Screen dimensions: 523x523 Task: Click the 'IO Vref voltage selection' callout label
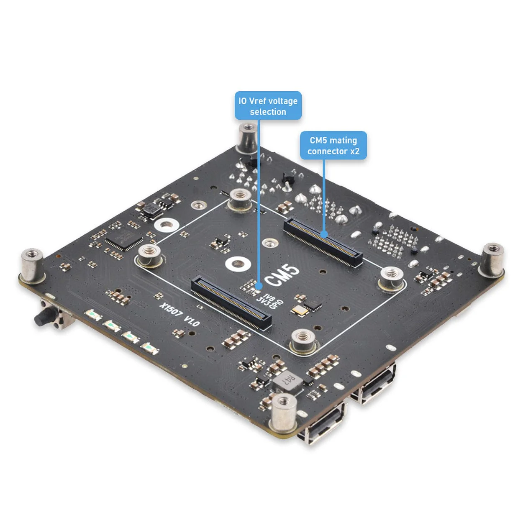(268, 106)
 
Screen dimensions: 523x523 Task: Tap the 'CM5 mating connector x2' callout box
(333, 146)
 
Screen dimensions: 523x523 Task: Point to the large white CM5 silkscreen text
(283, 275)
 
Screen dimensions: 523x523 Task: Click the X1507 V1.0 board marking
(179, 315)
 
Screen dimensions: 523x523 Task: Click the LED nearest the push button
(93, 315)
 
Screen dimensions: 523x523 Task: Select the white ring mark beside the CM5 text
(238, 264)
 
